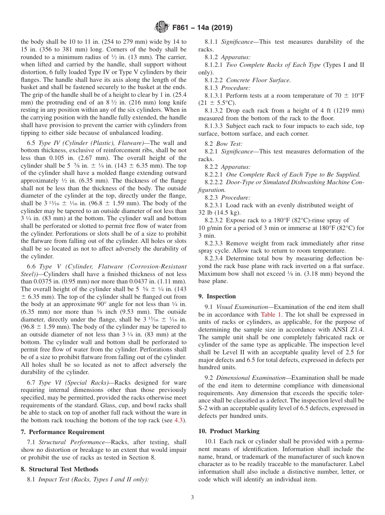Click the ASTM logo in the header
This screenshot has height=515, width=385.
(x=162, y=28)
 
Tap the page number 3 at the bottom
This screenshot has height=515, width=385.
(x=192, y=497)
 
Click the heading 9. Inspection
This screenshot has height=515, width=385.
(x=217, y=296)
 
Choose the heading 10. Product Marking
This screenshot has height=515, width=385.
(x=229, y=431)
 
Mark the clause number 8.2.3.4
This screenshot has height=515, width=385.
(x=215, y=258)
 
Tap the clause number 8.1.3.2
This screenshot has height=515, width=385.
(x=215, y=111)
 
